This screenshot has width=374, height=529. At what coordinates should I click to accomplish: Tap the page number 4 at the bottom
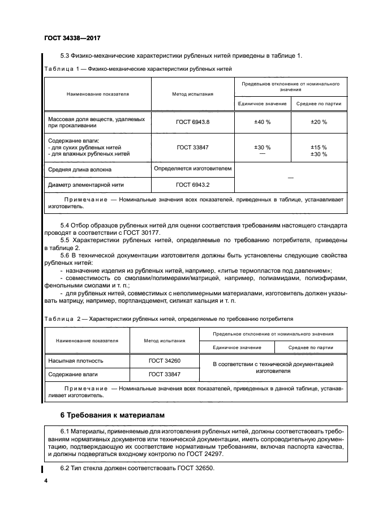(x=46, y=481)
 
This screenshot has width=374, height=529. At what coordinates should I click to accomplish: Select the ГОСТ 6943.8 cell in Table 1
(x=192, y=122)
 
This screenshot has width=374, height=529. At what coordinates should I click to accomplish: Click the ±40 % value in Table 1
(x=262, y=122)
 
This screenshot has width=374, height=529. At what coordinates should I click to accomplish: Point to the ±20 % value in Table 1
(x=319, y=122)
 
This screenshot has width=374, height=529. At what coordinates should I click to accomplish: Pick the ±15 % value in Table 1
(x=319, y=147)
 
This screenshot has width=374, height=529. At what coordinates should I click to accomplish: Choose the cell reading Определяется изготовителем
(x=192, y=169)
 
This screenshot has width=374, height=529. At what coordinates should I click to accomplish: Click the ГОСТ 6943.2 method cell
(x=192, y=184)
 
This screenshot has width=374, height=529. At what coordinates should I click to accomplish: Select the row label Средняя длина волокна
(x=80, y=169)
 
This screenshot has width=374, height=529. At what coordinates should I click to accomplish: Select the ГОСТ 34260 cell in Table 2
(x=164, y=360)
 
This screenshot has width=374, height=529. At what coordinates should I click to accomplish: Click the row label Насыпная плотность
(x=75, y=360)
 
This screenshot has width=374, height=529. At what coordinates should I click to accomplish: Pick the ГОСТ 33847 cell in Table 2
(x=164, y=374)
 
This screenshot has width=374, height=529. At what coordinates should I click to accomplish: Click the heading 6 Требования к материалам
(x=112, y=415)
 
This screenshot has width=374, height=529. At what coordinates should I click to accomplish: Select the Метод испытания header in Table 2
(x=164, y=341)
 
